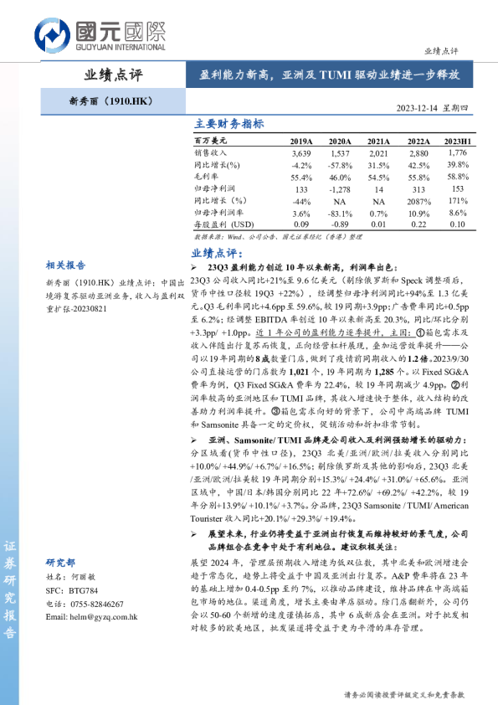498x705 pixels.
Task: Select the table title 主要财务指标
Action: [x=229, y=124]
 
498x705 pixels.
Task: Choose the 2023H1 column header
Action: [x=457, y=142]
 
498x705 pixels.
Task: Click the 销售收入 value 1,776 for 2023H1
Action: [x=457, y=153]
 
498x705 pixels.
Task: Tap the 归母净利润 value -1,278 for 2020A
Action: [x=340, y=190]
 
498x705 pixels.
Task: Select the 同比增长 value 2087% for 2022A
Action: [x=418, y=202]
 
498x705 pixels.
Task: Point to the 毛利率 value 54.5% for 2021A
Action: [x=378, y=178]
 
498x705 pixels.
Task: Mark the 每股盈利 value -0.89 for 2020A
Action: [x=340, y=225]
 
